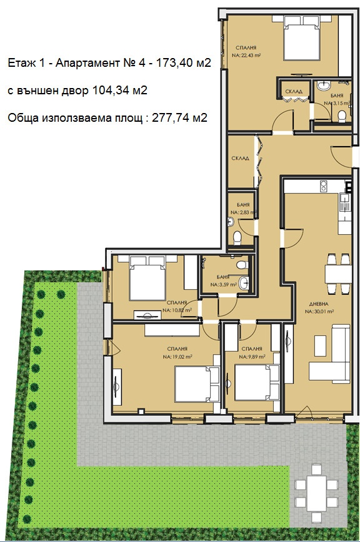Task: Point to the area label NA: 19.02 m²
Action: (177, 357)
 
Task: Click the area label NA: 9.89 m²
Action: (252, 357)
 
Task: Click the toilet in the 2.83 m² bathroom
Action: (237, 237)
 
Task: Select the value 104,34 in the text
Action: (110, 90)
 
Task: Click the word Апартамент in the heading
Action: (79, 63)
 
